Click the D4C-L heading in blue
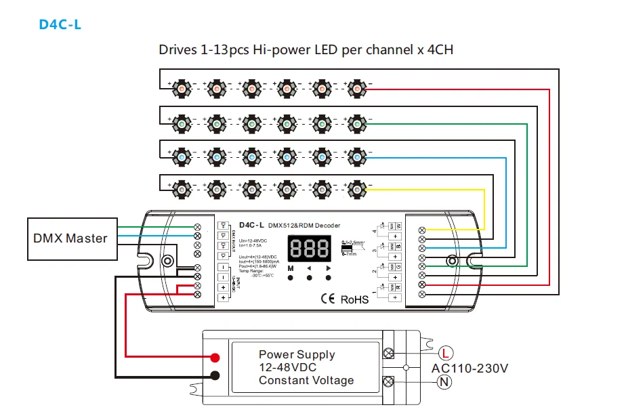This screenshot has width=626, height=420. click(x=60, y=24)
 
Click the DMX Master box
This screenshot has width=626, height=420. click(x=70, y=238)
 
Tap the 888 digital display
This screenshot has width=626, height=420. click(x=309, y=248)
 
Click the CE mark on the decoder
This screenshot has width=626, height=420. click(x=328, y=298)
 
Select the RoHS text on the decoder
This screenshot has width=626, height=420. click(x=354, y=299)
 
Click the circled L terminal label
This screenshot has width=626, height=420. click(x=444, y=352)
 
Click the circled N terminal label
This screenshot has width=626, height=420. click(x=444, y=381)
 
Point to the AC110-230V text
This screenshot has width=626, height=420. click(x=469, y=368)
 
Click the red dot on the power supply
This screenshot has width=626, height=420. click(x=215, y=357)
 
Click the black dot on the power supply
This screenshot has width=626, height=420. click(x=215, y=376)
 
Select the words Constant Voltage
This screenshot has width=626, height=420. click(x=306, y=380)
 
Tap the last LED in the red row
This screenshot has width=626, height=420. click(x=356, y=88)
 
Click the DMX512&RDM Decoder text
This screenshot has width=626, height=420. click(x=304, y=225)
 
